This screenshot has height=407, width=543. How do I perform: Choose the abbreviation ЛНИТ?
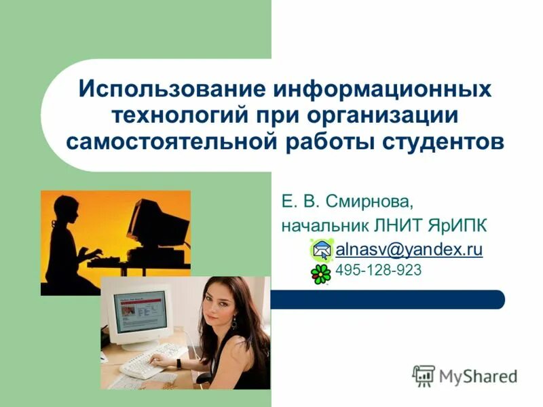(398, 225)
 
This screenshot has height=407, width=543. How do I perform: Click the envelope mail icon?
(322, 250)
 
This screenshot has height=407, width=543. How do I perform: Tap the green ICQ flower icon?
(321, 273)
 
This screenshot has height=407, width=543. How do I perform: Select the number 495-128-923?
(379, 271)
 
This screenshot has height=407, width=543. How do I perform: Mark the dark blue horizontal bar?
(387, 300)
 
